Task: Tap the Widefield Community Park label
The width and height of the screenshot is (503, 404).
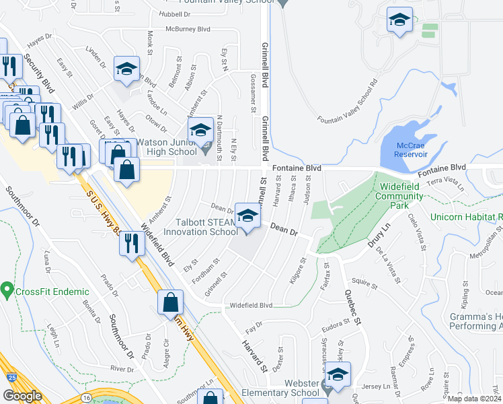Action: (401, 191)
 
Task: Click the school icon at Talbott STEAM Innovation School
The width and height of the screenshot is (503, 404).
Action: (247, 215)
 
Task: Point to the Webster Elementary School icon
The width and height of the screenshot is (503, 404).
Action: (338, 375)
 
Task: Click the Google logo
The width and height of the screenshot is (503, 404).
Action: (22, 395)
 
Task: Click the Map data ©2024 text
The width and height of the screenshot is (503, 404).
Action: (475, 399)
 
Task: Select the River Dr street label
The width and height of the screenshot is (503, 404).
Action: (122, 369)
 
